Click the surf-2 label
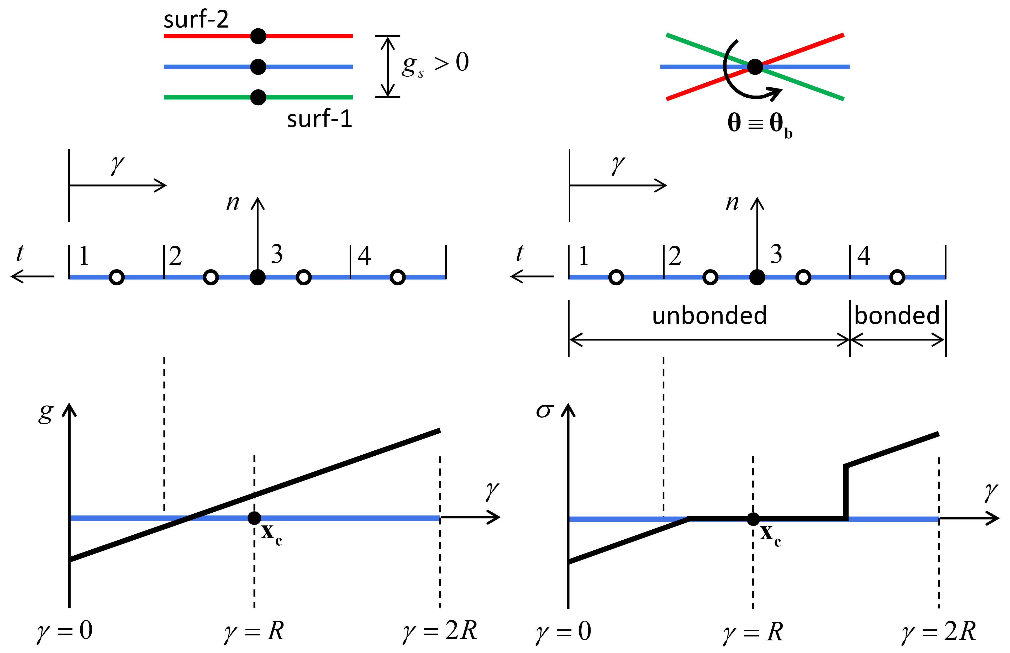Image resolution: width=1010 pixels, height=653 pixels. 196,19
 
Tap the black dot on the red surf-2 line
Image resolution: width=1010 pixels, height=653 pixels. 258,36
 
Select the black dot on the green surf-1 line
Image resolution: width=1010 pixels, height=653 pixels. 258,97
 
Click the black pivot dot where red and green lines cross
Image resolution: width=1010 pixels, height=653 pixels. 755,67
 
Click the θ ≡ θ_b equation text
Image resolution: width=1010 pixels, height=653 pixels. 759,124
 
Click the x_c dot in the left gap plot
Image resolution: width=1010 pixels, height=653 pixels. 254,518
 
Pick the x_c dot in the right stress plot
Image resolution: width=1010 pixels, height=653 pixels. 753,519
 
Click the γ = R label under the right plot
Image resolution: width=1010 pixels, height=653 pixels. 753,632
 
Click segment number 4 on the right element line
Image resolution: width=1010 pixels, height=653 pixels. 864,256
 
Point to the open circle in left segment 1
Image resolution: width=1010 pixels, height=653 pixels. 117,277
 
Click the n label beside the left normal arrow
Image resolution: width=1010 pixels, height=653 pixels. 233,203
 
